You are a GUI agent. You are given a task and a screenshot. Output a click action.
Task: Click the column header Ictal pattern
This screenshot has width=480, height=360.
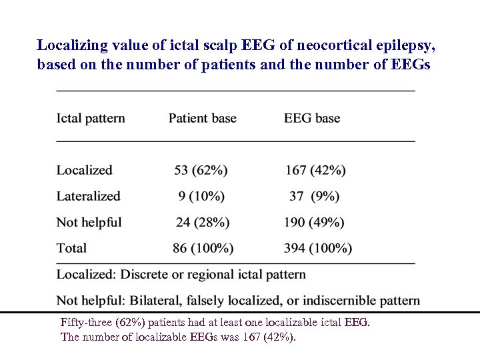tap(91, 119)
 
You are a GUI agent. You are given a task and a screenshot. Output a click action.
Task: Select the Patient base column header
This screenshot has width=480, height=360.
tap(202, 119)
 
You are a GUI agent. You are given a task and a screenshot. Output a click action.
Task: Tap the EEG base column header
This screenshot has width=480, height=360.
tap(312, 119)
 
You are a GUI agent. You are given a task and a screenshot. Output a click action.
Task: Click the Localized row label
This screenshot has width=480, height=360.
tap(85, 170)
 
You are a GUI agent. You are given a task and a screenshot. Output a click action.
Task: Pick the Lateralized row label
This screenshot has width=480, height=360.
tap(88, 196)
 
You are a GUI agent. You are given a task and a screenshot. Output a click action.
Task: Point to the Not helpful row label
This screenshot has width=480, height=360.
tap(89, 222)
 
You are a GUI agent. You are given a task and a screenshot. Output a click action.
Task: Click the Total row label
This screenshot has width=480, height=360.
tap(71, 248)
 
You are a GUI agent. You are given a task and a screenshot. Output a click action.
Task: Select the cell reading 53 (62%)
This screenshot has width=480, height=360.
tap(201, 170)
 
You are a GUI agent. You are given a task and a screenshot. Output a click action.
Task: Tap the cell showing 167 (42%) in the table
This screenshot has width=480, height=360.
tap(315, 170)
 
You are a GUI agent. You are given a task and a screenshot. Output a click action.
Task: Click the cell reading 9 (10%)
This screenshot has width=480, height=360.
tap(201, 196)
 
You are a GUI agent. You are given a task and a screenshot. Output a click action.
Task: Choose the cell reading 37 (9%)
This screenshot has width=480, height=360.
tap(315, 196)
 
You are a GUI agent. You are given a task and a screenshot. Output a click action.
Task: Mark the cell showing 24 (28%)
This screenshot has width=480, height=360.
tap(203, 222)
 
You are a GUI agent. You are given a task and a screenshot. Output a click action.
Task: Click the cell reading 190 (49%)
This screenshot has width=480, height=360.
tap(315, 222)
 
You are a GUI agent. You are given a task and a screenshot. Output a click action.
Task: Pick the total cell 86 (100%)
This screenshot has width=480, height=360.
tap(203, 248)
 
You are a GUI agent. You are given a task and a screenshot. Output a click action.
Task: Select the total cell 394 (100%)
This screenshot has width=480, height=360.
tap(318, 248)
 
